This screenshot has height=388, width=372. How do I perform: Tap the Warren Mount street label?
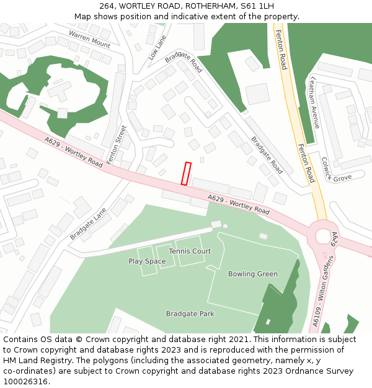(89, 39)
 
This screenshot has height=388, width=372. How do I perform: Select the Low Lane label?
(157, 47)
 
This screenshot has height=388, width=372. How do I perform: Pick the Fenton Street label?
(117, 144)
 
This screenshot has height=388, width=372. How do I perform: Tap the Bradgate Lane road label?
(88, 224)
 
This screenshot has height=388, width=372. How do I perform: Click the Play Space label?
(147, 261)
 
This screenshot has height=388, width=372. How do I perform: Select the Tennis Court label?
(190, 251)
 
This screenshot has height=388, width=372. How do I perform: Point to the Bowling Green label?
(253, 274)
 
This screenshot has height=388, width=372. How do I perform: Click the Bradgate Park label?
(190, 314)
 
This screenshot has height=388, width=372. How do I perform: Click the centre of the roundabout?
(324, 237)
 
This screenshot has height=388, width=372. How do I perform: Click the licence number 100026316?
(25, 382)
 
